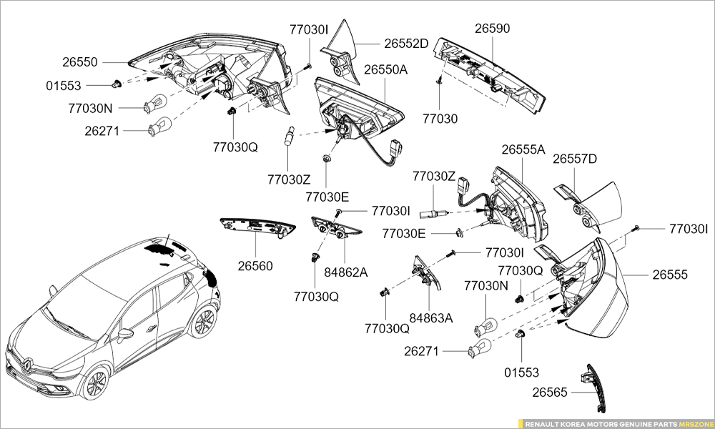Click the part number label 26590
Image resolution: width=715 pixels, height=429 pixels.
(493, 29)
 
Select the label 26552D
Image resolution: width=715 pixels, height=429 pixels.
(405, 43)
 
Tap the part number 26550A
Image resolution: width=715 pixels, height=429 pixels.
(385, 69)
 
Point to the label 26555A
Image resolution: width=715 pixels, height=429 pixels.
(523, 149)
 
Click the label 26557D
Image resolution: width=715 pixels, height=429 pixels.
(574, 159)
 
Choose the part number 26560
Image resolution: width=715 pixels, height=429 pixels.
(255, 266)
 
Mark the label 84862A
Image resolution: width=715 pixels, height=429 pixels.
(345, 272)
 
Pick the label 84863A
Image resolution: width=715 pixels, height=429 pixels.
(431, 317)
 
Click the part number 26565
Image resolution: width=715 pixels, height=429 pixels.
(550, 392)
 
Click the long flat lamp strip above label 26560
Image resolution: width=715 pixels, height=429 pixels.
(255, 225)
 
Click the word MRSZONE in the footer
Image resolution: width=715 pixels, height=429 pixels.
(696, 423)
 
